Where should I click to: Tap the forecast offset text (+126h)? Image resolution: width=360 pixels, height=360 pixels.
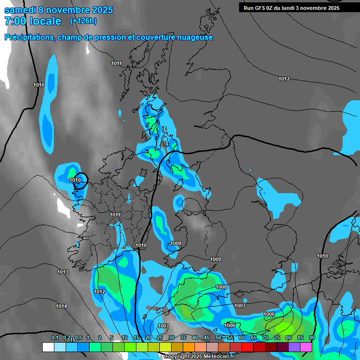[83, 21]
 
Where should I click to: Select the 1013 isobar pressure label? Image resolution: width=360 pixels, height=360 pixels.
[63, 272]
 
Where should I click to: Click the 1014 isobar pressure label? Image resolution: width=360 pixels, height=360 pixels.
[61, 306]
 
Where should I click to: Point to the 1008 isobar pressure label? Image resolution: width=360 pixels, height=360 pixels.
[221, 287]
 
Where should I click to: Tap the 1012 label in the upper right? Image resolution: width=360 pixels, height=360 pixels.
[284, 79]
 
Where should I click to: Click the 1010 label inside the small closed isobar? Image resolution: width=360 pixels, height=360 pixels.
[75, 180]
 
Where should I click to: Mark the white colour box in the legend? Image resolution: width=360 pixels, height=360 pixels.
[48, 347]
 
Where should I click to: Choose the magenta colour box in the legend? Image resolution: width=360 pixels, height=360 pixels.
[306, 347]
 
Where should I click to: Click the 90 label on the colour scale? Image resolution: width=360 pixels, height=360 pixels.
[312, 337]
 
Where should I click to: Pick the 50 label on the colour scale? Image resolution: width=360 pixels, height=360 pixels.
[218, 337]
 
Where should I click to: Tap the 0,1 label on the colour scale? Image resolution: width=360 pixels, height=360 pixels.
[55, 337]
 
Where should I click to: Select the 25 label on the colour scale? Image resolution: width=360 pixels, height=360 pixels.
[160, 337]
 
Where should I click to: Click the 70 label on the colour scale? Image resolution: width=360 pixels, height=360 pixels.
[265, 337]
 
